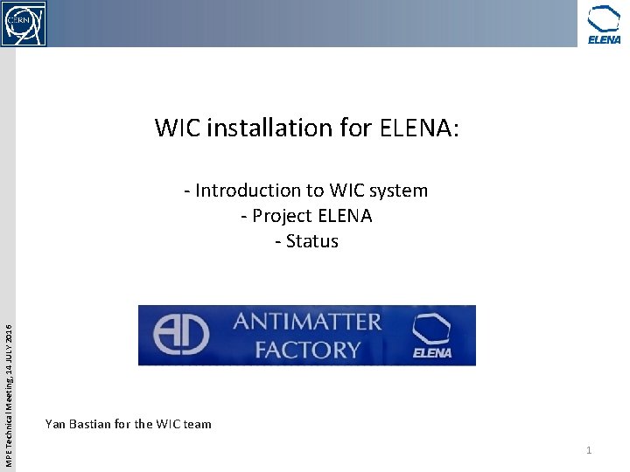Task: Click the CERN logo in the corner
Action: coord(24,23)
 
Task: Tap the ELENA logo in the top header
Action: coord(604,24)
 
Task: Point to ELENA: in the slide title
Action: coord(419,128)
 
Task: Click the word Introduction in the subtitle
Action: coord(248,191)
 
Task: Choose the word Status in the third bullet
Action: coord(311,241)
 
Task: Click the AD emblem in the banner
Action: coord(181,335)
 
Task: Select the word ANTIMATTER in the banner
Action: coord(307,322)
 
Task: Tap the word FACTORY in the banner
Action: coord(307,350)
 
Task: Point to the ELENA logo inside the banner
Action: coord(432,337)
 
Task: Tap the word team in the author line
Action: coord(197,424)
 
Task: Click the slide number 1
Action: coord(589,450)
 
